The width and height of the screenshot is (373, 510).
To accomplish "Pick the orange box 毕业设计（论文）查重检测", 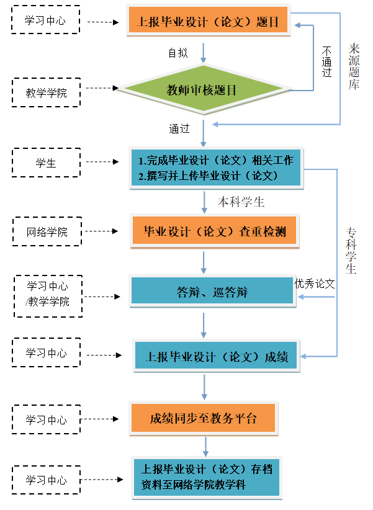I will coord(214,232).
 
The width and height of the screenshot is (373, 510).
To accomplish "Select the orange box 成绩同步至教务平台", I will coord(203,418).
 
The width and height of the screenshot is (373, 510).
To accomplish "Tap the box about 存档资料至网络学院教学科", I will coord(207,476).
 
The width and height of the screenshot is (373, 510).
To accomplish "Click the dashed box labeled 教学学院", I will coord(47,92).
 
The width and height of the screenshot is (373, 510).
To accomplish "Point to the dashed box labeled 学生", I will coord(47,163).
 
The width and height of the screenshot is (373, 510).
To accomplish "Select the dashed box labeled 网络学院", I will coord(47,232).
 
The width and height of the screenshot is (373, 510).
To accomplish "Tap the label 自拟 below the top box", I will coord(178,53).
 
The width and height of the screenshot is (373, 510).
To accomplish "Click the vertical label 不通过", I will coord(326,62).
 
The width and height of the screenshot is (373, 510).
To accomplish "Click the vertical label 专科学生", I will coord(351,251).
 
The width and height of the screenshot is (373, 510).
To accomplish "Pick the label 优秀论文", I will coord(315,284).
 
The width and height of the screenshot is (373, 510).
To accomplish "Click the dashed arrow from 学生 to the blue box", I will coord(103,163).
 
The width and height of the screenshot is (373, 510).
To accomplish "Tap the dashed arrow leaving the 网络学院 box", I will coord(103,232).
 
